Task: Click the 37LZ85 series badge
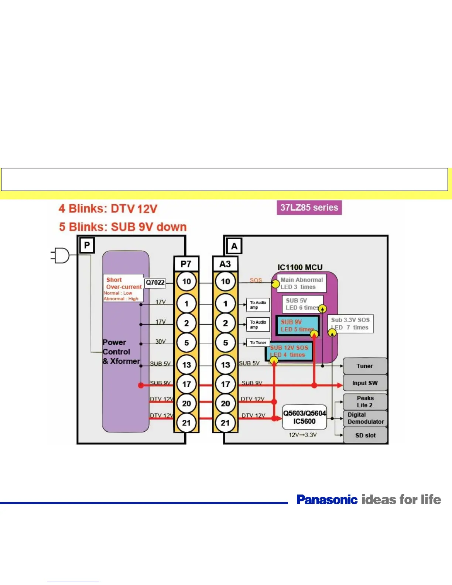[x=309, y=208]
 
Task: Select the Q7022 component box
[x=155, y=283]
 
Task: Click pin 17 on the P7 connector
[x=186, y=384]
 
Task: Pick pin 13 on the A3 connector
[x=225, y=365]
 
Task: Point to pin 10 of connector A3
[x=225, y=281]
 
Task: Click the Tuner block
[x=365, y=366]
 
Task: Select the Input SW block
[x=365, y=383]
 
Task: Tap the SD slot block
[x=365, y=435]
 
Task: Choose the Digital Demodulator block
[x=365, y=418]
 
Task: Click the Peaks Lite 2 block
[x=365, y=401]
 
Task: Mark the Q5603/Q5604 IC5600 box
[x=304, y=417]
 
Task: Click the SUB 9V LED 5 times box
[x=298, y=326]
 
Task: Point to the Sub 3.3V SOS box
[x=350, y=324]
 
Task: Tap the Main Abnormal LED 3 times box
[x=302, y=283]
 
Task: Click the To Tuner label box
[x=258, y=343]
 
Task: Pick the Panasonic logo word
[x=327, y=500]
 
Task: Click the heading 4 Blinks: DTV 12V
[x=108, y=209]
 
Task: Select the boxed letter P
[x=87, y=245]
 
